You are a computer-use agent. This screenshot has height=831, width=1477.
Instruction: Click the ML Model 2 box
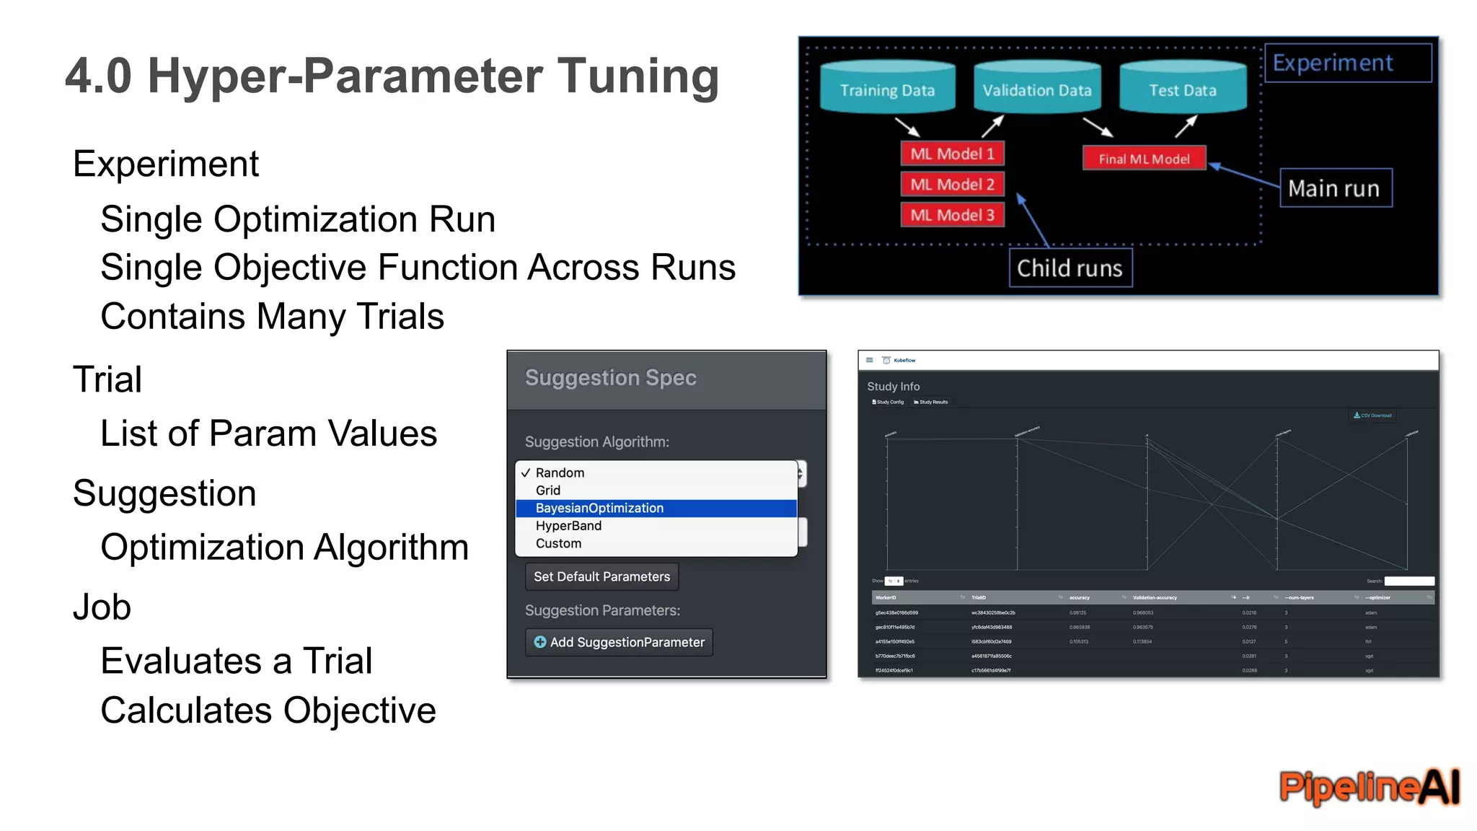pos(952,184)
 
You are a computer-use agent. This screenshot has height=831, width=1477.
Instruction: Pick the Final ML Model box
pos(1144,159)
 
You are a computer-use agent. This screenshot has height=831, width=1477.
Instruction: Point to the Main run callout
pos(1335,188)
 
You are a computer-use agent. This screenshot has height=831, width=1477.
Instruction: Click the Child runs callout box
pos(1070,268)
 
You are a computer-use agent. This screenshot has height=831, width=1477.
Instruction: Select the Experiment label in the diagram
pos(1333,63)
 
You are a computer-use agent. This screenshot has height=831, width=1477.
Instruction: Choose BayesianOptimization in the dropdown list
pos(599,508)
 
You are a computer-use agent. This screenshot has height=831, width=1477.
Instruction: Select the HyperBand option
pos(568,526)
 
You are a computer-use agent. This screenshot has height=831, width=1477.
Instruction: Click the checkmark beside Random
pos(525,473)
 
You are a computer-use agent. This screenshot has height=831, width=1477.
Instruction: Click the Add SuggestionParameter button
pos(619,642)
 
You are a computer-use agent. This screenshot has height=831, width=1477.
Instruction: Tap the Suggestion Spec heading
pos(610,377)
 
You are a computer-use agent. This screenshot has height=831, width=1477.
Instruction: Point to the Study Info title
pos(893,387)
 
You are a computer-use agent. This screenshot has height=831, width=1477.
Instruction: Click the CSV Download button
pos(1373,415)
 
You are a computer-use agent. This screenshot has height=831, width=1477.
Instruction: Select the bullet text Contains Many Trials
pos(272,317)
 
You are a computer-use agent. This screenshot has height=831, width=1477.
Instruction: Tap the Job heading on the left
pos(102,607)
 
